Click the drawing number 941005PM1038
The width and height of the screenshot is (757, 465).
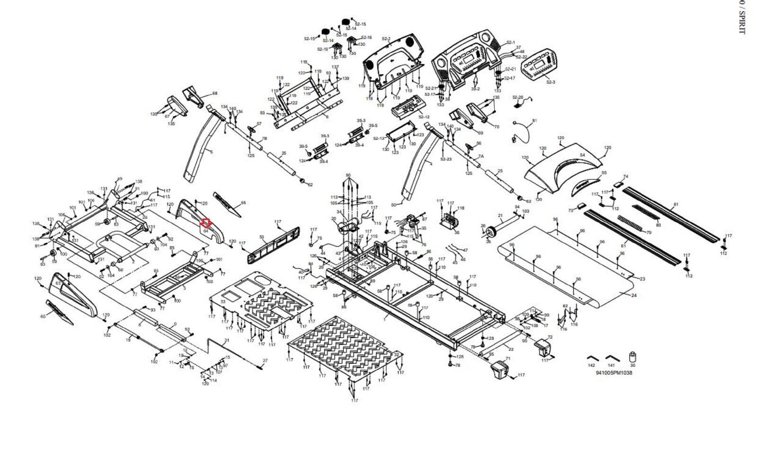614,373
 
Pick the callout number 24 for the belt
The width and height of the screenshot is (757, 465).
633,295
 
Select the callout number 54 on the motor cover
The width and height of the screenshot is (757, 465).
582,155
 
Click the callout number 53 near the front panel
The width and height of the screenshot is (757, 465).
261,237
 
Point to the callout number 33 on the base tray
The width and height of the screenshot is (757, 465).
223,301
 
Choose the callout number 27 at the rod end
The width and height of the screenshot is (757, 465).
265,361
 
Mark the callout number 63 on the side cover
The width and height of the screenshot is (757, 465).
58,283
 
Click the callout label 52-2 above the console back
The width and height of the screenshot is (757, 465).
385,39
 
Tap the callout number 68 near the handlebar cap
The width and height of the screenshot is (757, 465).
214,94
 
